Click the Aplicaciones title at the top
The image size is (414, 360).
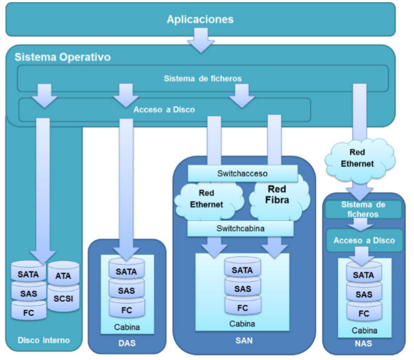coord(200,19)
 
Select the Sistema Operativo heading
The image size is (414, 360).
coord(63,57)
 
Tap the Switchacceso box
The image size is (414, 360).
coord(242,173)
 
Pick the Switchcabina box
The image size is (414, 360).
coord(240,228)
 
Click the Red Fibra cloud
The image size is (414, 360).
coord(279,200)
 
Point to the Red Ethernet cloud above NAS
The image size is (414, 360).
coord(360,158)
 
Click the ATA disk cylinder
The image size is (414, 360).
coord(64,274)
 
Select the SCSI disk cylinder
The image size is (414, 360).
coord(64,298)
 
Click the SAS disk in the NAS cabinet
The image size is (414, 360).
coord(364,293)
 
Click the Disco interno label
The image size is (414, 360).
coord(44,340)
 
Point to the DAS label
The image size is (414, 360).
coord(127,343)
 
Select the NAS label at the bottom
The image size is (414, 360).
coord(363,343)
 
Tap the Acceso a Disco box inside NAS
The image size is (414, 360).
coord(364,240)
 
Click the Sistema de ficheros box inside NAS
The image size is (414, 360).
coord(363,209)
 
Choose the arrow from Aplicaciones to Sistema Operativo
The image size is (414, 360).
coord(201,40)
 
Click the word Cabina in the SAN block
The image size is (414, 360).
coord(242,324)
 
